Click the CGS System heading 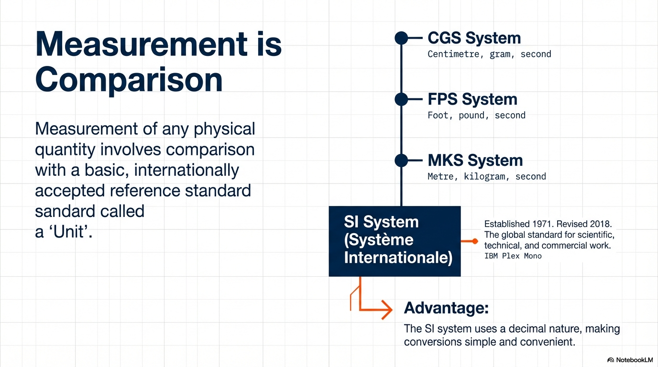pos(474,38)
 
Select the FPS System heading pos(472,99)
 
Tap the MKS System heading pos(475,160)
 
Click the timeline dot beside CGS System pos(401,38)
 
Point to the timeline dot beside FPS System pos(401,99)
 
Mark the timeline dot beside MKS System pos(401,160)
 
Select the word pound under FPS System pos(472,115)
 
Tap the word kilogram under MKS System pos(484,176)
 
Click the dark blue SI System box pos(395,241)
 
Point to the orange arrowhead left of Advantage pos(387,310)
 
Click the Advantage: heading pos(446,308)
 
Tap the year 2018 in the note pos(601,224)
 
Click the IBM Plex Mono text pos(513,256)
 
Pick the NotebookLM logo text pos(634,360)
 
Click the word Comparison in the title pos(129,80)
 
